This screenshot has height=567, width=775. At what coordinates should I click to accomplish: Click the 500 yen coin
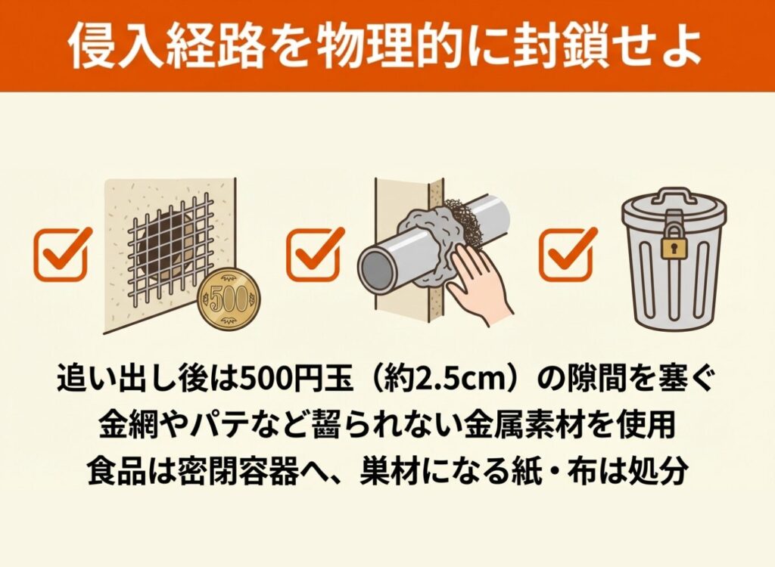(x=229, y=299)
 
